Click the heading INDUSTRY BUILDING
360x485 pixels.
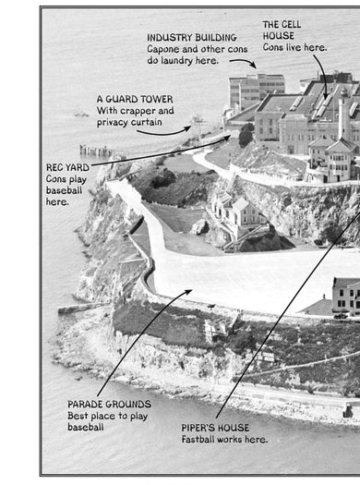point(192,38)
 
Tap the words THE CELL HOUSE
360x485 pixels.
point(282,30)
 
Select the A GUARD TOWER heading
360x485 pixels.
point(135,99)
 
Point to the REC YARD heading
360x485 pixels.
point(67,167)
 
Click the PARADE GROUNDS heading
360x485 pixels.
point(110,405)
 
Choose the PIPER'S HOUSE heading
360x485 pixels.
point(215,428)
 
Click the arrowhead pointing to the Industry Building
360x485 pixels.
point(254,66)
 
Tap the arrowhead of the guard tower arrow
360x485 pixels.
point(187,128)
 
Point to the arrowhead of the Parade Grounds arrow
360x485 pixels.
point(189,291)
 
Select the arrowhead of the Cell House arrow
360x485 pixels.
point(325,96)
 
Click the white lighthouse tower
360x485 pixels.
point(343,114)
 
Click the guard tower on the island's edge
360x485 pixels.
point(197,126)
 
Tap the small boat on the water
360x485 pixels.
point(81,115)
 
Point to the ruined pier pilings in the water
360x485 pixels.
point(95,151)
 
